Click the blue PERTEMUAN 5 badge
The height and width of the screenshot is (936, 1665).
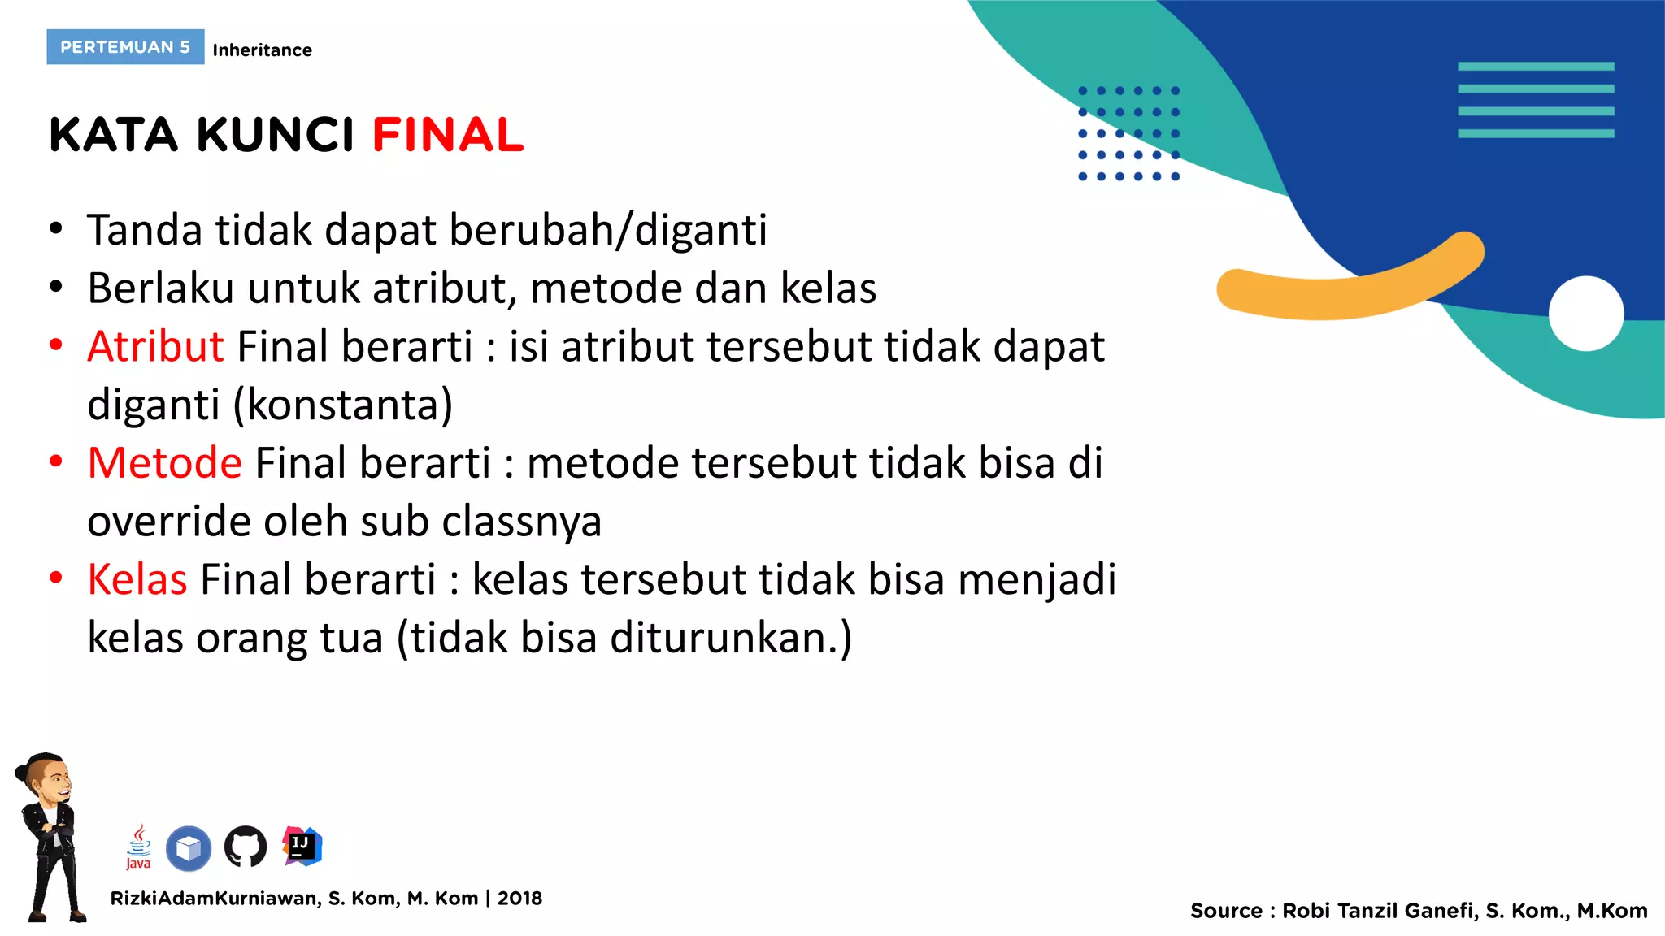(x=125, y=47)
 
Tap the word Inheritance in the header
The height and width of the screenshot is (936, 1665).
(x=262, y=50)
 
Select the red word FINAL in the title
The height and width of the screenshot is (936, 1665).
(x=448, y=135)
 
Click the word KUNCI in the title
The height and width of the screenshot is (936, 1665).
(x=276, y=135)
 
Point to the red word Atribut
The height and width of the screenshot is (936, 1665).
(x=155, y=347)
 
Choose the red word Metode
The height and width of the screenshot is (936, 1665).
(x=165, y=463)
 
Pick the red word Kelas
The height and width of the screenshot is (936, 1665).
(x=137, y=580)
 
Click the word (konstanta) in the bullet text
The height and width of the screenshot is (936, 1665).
(x=343, y=405)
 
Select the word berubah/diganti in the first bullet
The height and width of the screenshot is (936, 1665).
(x=607, y=230)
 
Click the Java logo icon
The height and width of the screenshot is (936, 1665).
(x=139, y=847)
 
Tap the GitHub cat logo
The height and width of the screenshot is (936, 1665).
(x=246, y=847)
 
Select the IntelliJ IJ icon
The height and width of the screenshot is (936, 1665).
(x=302, y=846)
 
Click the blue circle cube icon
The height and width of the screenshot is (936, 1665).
(x=189, y=848)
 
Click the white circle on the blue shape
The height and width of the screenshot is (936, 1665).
(x=1585, y=314)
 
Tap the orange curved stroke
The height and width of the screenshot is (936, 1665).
(x=1350, y=288)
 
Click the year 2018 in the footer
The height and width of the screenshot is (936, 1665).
(x=519, y=899)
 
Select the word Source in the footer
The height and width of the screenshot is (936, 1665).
(x=1225, y=911)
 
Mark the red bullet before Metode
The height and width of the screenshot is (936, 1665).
(x=56, y=462)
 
